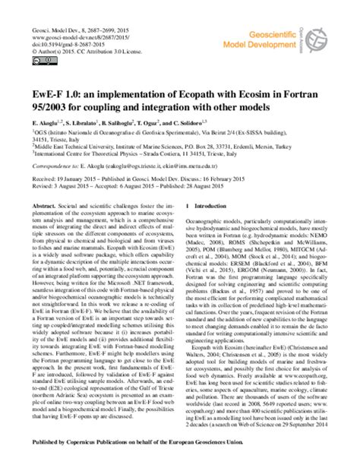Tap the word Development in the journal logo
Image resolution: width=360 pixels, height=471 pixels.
298,34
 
